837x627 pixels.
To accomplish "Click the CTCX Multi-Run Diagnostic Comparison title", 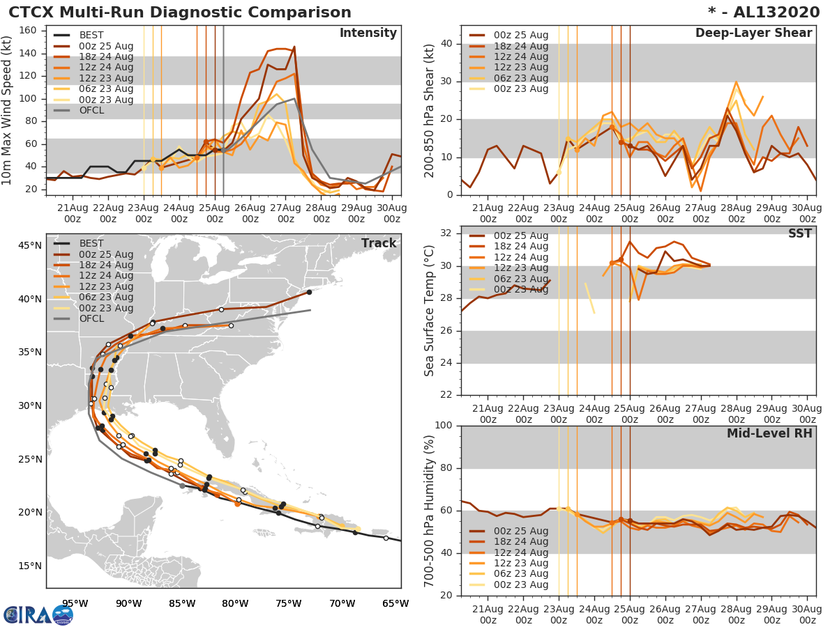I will pos(180,13).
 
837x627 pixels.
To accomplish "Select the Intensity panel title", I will pos(368,33).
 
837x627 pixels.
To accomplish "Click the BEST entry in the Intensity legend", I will pos(91,35).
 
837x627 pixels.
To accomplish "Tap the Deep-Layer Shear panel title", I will pos(753,33).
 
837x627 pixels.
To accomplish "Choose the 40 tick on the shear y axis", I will pos(446,44).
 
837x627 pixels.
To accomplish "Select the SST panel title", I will pos(800,233).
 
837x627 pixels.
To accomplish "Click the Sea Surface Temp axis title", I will pos(430,311).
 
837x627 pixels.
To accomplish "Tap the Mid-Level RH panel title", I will pos(769,433).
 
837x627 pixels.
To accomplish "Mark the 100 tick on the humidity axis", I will pos(443,426).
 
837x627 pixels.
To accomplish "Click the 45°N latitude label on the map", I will pos(29,245).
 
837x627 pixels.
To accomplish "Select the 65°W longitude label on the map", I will pos(395,603).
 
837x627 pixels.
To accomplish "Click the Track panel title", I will pos(379,243).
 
